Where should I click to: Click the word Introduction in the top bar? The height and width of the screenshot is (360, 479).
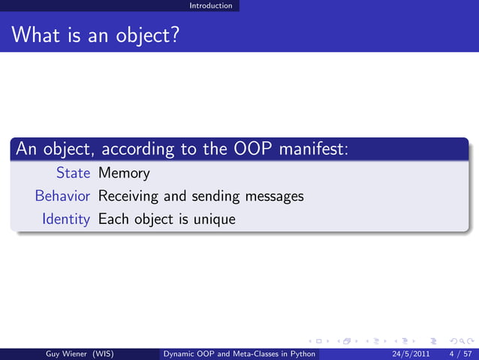(211, 5)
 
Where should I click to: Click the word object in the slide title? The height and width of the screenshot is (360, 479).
(143, 35)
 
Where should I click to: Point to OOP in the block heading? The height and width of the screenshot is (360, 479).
(252, 149)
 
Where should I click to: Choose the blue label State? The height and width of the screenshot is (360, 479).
(74, 173)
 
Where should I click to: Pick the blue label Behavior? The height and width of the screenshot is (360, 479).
(63, 196)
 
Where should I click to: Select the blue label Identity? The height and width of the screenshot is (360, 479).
(67, 219)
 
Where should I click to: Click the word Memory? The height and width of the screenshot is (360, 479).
(124, 173)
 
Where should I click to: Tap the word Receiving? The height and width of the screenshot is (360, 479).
(128, 197)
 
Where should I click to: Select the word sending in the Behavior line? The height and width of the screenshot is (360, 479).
(215, 197)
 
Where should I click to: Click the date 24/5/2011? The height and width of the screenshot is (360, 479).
(411, 353)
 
